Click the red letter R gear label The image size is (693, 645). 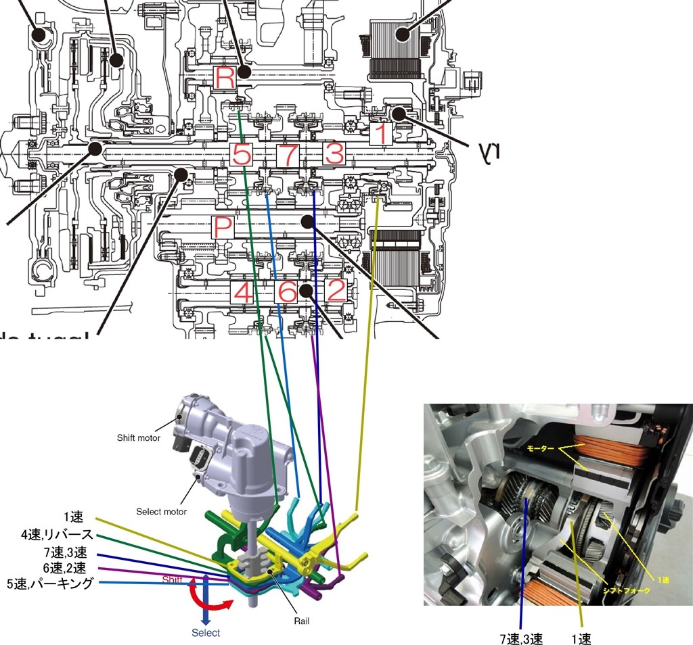pyautogui.click(x=225, y=78)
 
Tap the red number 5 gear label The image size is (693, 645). pyautogui.click(x=241, y=155)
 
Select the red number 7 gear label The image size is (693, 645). pyautogui.click(x=288, y=155)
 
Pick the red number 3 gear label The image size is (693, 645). pyautogui.click(x=334, y=155)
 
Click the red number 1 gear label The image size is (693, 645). pyautogui.click(x=382, y=134)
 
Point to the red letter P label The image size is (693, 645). pyautogui.click(x=223, y=228)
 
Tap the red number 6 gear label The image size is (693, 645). pyautogui.click(x=287, y=292)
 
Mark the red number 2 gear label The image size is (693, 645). pyautogui.click(x=335, y=291)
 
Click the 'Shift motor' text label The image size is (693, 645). pyautogui.click(x=139, y=437)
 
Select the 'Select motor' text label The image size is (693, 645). pyautogui.click(x=162, y=512)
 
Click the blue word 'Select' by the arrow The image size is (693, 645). pyautogui.click(x=206, y=633)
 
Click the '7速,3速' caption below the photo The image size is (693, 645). pyautogui.click(x=520, y=638)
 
